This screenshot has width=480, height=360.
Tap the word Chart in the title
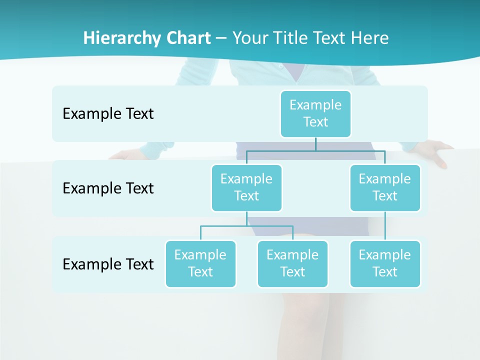click(x=187, y=38)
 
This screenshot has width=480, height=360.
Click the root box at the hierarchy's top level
click(x=315, y=113)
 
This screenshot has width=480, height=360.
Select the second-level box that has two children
click(x=246, y=187)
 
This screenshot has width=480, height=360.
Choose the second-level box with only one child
click(x=385, y=187)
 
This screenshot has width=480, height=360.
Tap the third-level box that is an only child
click(x=385, y=263)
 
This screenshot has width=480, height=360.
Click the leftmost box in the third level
click(x=200, y=263)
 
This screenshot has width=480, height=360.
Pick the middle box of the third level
click(x=292, y=263)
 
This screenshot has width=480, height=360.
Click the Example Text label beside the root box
click(x=108, y=114)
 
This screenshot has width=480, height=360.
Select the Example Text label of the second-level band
click(x=108, y=188)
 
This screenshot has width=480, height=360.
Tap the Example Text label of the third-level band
click(x=108, y=264)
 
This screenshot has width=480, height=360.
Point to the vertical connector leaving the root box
click(x=315, y=144)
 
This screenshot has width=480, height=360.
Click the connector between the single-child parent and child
click(x=385, y=226)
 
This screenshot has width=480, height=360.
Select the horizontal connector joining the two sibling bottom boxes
click(x=246, y=226)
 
